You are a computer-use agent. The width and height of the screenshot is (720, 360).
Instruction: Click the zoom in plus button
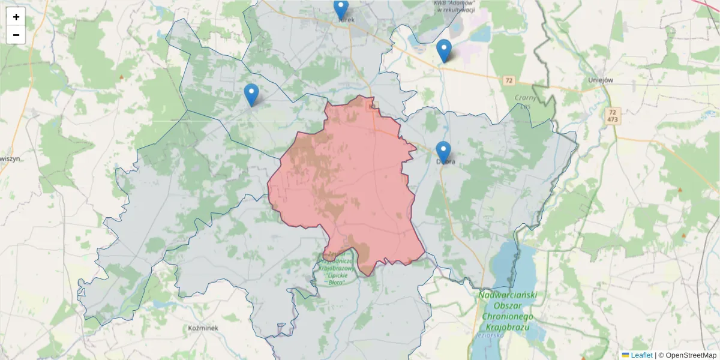(x=16, y=17)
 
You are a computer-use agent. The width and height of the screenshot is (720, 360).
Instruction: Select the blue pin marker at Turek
(x=341, y=9)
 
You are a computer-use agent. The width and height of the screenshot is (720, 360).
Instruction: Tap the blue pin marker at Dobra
(x=443, y=152)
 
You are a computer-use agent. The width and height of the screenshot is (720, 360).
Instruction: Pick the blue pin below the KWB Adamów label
(x=444, y=50)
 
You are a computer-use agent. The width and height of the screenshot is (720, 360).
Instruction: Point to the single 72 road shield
(x=509, y=80)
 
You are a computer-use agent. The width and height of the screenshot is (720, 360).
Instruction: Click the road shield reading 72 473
(x=612, y=116)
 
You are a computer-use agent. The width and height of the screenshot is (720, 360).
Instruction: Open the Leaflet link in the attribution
(x=641, y=355)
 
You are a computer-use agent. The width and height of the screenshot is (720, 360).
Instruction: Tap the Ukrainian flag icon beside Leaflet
(x=625, y=355)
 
